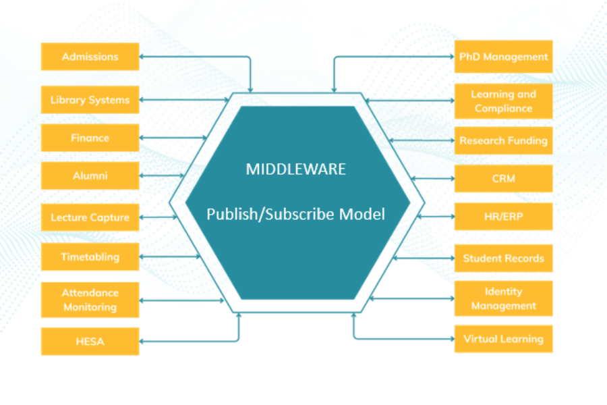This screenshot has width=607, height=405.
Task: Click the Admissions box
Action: [90, 57]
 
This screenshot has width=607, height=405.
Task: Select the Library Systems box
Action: [90, 100]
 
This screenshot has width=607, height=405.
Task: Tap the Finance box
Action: [90, 138]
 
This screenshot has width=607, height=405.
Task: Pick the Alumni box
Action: [90, 176]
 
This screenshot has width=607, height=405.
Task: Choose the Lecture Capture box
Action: [90, 217]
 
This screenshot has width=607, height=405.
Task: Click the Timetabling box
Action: [90, 256]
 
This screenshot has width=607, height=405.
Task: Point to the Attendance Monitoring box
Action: [90, 300]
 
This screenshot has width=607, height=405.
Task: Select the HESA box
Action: [90, 342]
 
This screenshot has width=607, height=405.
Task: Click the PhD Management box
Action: [503, 57]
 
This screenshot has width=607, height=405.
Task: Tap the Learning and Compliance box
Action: [503, 101]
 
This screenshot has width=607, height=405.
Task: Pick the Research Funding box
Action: [503, 141]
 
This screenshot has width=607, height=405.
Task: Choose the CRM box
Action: [503, 179]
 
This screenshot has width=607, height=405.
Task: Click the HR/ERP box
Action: [503, 217]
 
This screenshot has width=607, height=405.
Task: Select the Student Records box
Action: [503, 258]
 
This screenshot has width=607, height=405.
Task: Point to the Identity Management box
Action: [503, 298]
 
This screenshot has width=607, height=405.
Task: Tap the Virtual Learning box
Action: [503, 339]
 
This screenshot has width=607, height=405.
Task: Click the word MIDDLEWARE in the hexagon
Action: [295, 169]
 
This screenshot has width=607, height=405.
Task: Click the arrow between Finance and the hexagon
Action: [173, 138]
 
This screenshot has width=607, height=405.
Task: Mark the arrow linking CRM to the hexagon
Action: [432, 179]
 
